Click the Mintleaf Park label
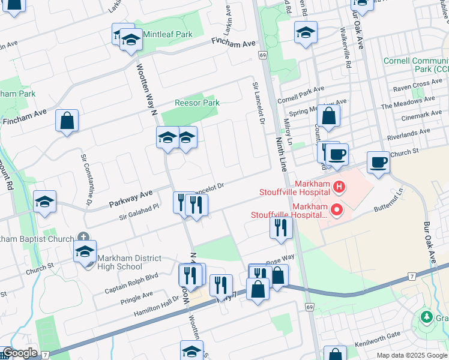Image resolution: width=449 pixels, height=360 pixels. point(167,34)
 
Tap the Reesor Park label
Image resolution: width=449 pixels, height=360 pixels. point(197,103)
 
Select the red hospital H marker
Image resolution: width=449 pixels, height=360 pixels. point(339,187)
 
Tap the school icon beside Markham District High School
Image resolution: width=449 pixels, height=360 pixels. point(85,251)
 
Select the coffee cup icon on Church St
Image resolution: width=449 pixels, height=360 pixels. point(378,162)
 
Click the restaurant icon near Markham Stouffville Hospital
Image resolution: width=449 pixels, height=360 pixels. point(280,227)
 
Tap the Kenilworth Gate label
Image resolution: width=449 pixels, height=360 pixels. point(376,335)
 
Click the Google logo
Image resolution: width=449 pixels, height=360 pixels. point(19,353)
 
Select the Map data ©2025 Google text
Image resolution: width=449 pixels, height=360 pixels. point(412,355)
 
